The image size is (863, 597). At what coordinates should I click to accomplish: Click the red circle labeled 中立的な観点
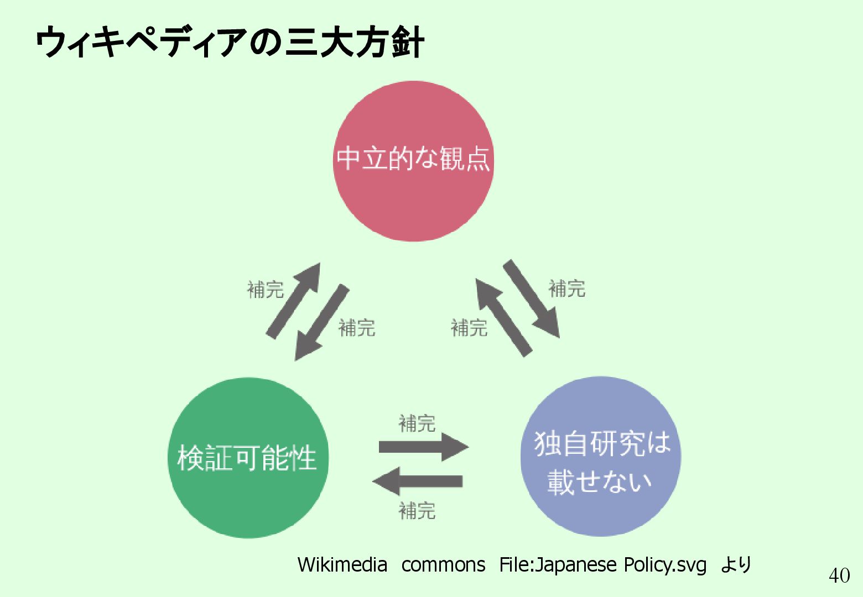pyautogui.click(x=413, y=161)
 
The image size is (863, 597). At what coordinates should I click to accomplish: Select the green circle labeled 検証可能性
pyautogui.click(x=247, y=458)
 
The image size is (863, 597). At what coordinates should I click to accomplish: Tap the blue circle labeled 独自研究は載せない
pyautogui.click(x=601, y=457)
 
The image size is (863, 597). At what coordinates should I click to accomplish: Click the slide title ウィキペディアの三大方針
pyautogui.click(x=230, y=42)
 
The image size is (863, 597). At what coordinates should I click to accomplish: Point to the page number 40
pyautogui.click(x=839, y=575)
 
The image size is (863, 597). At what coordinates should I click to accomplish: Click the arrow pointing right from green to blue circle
pyautogui.click(x=423, y=447)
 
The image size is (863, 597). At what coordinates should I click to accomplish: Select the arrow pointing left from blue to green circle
pyautogui.click(x=418, y=480)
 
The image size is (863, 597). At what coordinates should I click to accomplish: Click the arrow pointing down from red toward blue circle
pyautogui.click(x=531, y=298)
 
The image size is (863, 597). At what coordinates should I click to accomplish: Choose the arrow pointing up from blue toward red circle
pyautogui.click(x=503, y=318)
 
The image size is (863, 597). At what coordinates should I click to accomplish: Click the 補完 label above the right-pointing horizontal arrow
pyautogui.click(x=417, y=424)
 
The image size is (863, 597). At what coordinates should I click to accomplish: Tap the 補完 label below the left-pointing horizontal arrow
pyautogui.click(x=417, y=510)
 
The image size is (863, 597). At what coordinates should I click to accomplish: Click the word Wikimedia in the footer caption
pyautogui.click(x=342, y=565)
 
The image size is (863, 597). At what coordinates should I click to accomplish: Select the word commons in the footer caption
pyautogui.click(x=443, y=565)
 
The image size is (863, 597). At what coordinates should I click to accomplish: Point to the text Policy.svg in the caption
pyautogui.click(x=665, y=565)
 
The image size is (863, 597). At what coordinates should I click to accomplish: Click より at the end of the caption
pyautogui.click(x=736, y=565)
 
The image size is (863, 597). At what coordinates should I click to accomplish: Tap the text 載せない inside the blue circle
pyautogui.click(x=600, y=481)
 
